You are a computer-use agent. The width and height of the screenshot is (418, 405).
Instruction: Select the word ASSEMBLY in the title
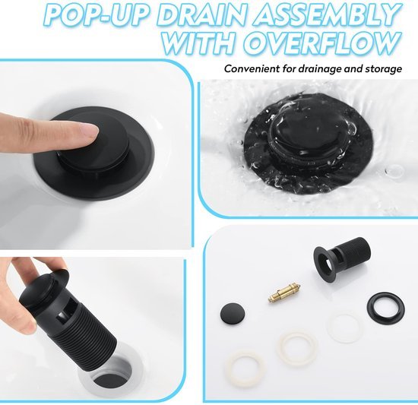tap(328, 14)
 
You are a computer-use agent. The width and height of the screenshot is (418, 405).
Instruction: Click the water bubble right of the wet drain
tap(394, 171)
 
